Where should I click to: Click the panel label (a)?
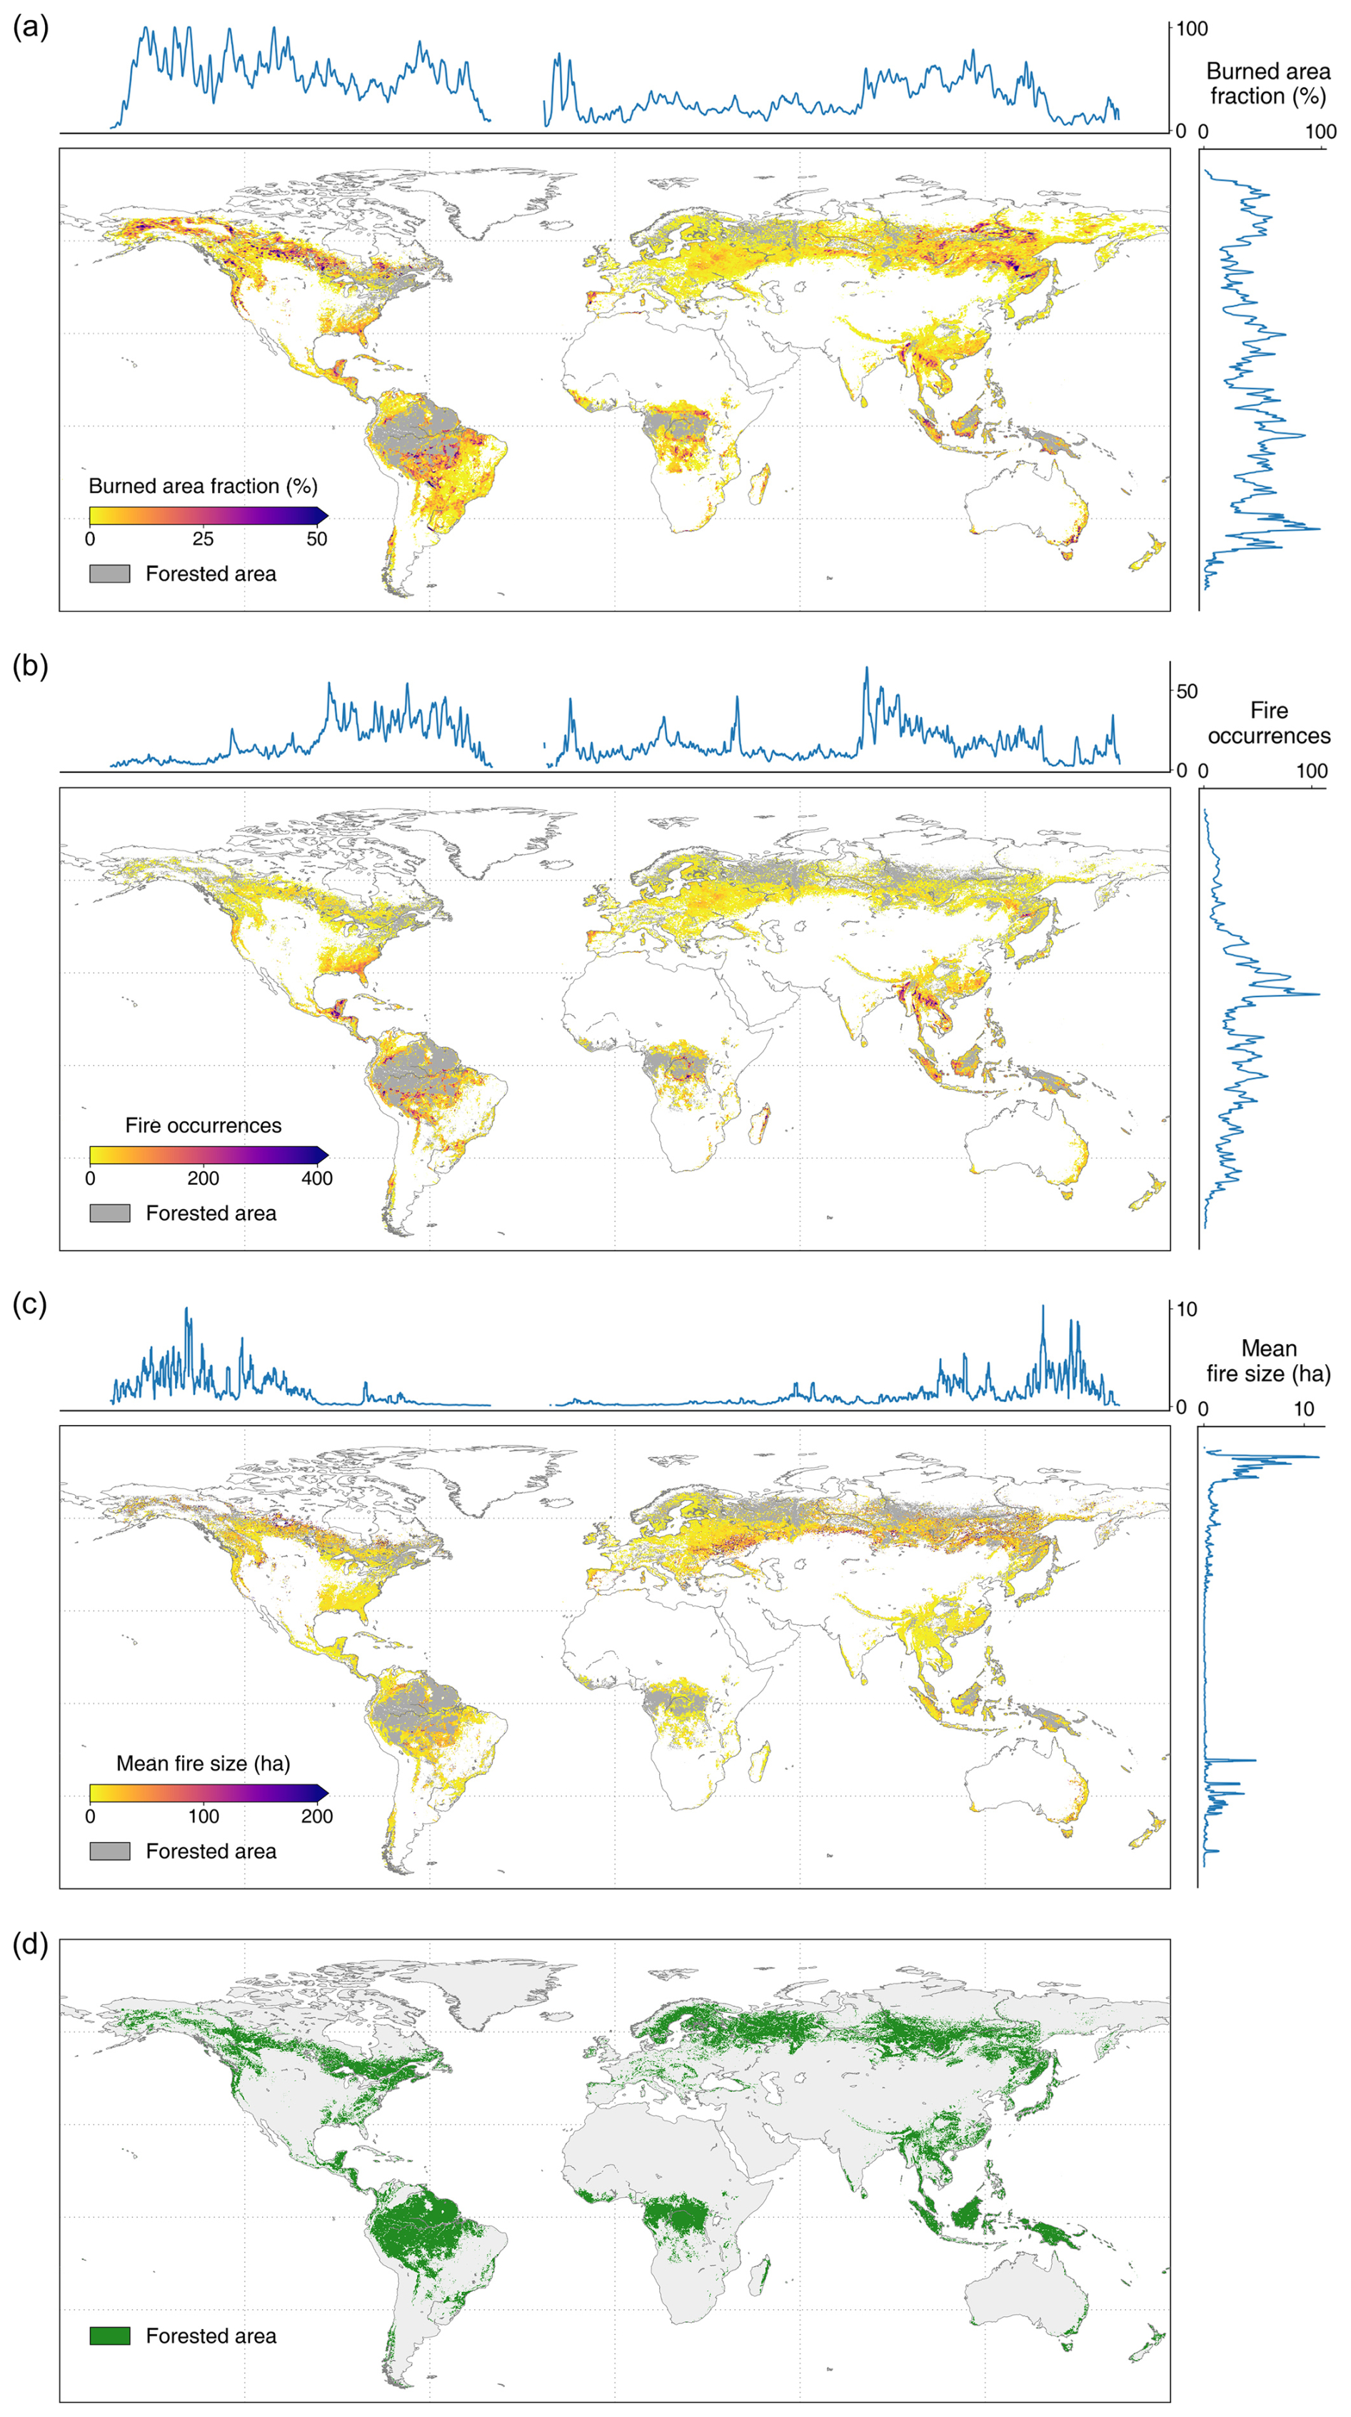pyautogui.click(x=30, y=27)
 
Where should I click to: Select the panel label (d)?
pyautogui.click(x=30, y=1943)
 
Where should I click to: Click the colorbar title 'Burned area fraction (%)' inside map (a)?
pyautogui.click(x=203, y=486)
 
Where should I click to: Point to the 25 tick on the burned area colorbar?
pyautogui.click(x=203, y=539)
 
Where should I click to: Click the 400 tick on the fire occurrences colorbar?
pyautogui.click(x=317, y=1179)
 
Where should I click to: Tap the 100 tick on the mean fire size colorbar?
pyautogui.click(x=204, y=1816)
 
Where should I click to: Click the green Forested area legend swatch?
pyautogui.click(x=110, y=2336)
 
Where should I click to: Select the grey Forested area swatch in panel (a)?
pyautogui.click(x=110, y=574)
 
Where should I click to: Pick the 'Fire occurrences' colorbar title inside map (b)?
pyautogui.click(x=204, y=1125)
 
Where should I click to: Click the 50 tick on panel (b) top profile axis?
pyautogui.click(x=1187, y=691)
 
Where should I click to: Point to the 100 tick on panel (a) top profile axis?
pyautogui.click(x=1192, y=29)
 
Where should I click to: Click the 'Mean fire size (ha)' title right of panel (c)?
pyautogui.click(x=1268, y=1361)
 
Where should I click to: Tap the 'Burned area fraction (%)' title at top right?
pyautogui.click(x=1268, y=84)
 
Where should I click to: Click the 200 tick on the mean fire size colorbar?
pyautogui.click(x=317, y=1816)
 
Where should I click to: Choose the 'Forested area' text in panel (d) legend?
pyautogui.click(x=211, y=2336)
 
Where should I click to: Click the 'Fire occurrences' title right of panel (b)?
pyautogui.click(x=1268, y=723)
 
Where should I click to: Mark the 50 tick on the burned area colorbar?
pyautogui.click(x=317, y=539)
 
